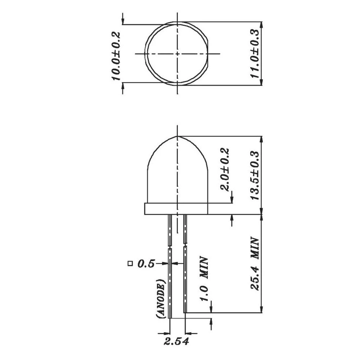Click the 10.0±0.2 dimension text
click(116, 56)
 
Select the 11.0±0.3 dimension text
click(255, 54)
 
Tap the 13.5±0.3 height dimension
click(255, 175)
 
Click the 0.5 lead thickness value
click(146, 264)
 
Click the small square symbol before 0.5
click(130, 264)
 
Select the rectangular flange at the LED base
click(176, 209)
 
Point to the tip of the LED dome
click(177, 136)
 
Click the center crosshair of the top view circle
click(177, 54)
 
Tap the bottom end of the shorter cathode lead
click(185, 311)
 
